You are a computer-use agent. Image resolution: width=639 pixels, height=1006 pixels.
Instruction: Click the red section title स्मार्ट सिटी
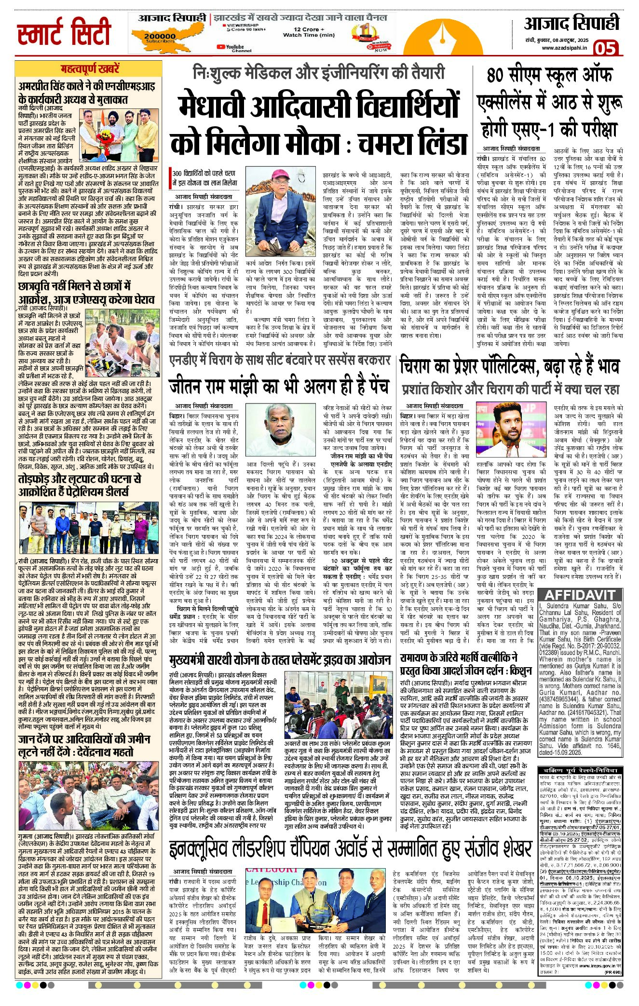click(x=64, y=32)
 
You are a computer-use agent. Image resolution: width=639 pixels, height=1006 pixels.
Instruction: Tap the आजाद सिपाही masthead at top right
click(x=571, y=23)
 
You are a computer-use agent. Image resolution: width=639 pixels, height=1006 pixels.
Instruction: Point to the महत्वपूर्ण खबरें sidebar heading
click(x=90, y=69)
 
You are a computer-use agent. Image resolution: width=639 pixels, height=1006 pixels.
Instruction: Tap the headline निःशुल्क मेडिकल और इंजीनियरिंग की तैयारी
click(x=318, y=73)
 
